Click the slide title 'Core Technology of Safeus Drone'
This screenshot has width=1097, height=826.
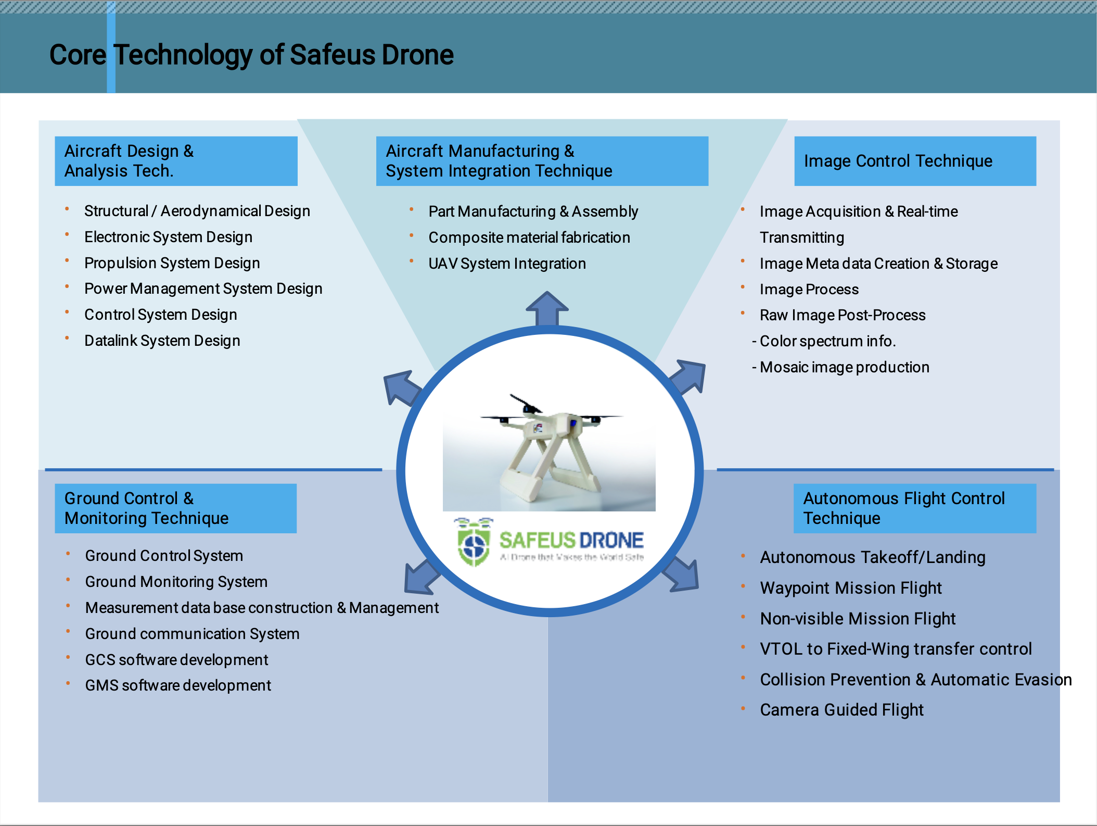tap(251, 55)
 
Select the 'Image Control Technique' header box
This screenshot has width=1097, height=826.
tap(914, 161)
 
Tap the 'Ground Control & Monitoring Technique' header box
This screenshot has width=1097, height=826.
tap(175, 508)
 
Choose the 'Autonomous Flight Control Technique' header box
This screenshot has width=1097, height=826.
tap(914, 508)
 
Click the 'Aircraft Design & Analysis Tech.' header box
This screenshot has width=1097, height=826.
tap(176, 161)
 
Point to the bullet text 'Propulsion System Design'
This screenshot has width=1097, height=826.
tap(172, 263)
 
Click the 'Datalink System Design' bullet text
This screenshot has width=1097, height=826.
tap(162, 341)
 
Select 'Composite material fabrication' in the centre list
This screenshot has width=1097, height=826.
tap(529, 237)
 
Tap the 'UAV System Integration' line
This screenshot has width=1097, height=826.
tap(507, 264)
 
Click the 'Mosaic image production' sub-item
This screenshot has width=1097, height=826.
tap(844, 367)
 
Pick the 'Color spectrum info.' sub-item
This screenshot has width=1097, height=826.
tap(827, 341)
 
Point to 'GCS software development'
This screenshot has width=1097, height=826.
tap(176, 660)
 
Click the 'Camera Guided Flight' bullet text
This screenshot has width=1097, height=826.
tap(841, 710)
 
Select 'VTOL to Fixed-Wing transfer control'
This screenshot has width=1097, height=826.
tap(895, 649)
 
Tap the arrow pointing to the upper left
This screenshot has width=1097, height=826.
tap(401, 387)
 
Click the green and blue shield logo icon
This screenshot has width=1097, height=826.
tap(474, 545)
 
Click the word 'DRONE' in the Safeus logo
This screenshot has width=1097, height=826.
tap(611, 541)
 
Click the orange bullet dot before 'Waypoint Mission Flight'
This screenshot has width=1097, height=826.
tap(743, 586)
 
